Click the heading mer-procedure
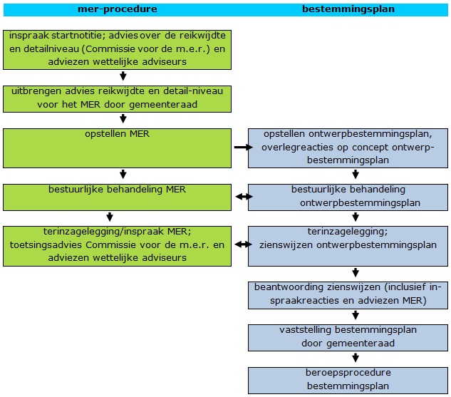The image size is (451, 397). (117, 9)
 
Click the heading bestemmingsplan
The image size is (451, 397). (348, 9)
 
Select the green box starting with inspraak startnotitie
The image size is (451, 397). (117, 50)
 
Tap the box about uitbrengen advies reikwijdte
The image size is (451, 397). (117, 98)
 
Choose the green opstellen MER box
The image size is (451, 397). (117, 148)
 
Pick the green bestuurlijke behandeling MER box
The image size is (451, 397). (117, 196)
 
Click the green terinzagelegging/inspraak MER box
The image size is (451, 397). (117, 246)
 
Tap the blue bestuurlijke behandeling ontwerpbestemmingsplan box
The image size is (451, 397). (349, 196)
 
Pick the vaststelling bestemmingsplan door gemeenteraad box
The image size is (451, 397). (349, 336)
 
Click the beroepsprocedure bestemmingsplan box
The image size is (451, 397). (349, 379)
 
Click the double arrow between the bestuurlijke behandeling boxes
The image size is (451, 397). (240, 196)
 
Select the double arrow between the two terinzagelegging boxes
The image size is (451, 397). (240, 245)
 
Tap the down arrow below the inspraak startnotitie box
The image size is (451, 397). (123, 76)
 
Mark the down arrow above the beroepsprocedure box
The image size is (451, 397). (355, 359)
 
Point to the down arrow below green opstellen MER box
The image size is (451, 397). (123, 174)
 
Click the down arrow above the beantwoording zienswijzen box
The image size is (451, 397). (355, 273)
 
